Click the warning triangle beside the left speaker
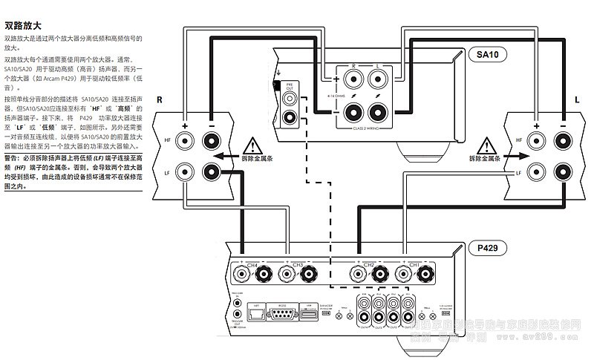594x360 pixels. [x=486, y=141]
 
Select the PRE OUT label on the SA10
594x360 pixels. [x=290, y=88]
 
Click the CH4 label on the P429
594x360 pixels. [x=252, y=264]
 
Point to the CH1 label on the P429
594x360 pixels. [x=414, y=264]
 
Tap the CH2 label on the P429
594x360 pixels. [x=369, y=264]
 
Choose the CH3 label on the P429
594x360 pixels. [x=297, y=264]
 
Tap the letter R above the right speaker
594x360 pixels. [x=159, y=98]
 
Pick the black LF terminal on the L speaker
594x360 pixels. [x=561, y=173]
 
